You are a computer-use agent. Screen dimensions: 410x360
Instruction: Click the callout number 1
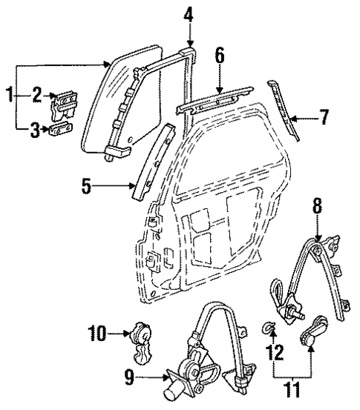(9, 94)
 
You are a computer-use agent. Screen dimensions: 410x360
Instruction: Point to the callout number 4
(189, 13)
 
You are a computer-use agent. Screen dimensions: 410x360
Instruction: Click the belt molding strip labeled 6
(213, 99)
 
